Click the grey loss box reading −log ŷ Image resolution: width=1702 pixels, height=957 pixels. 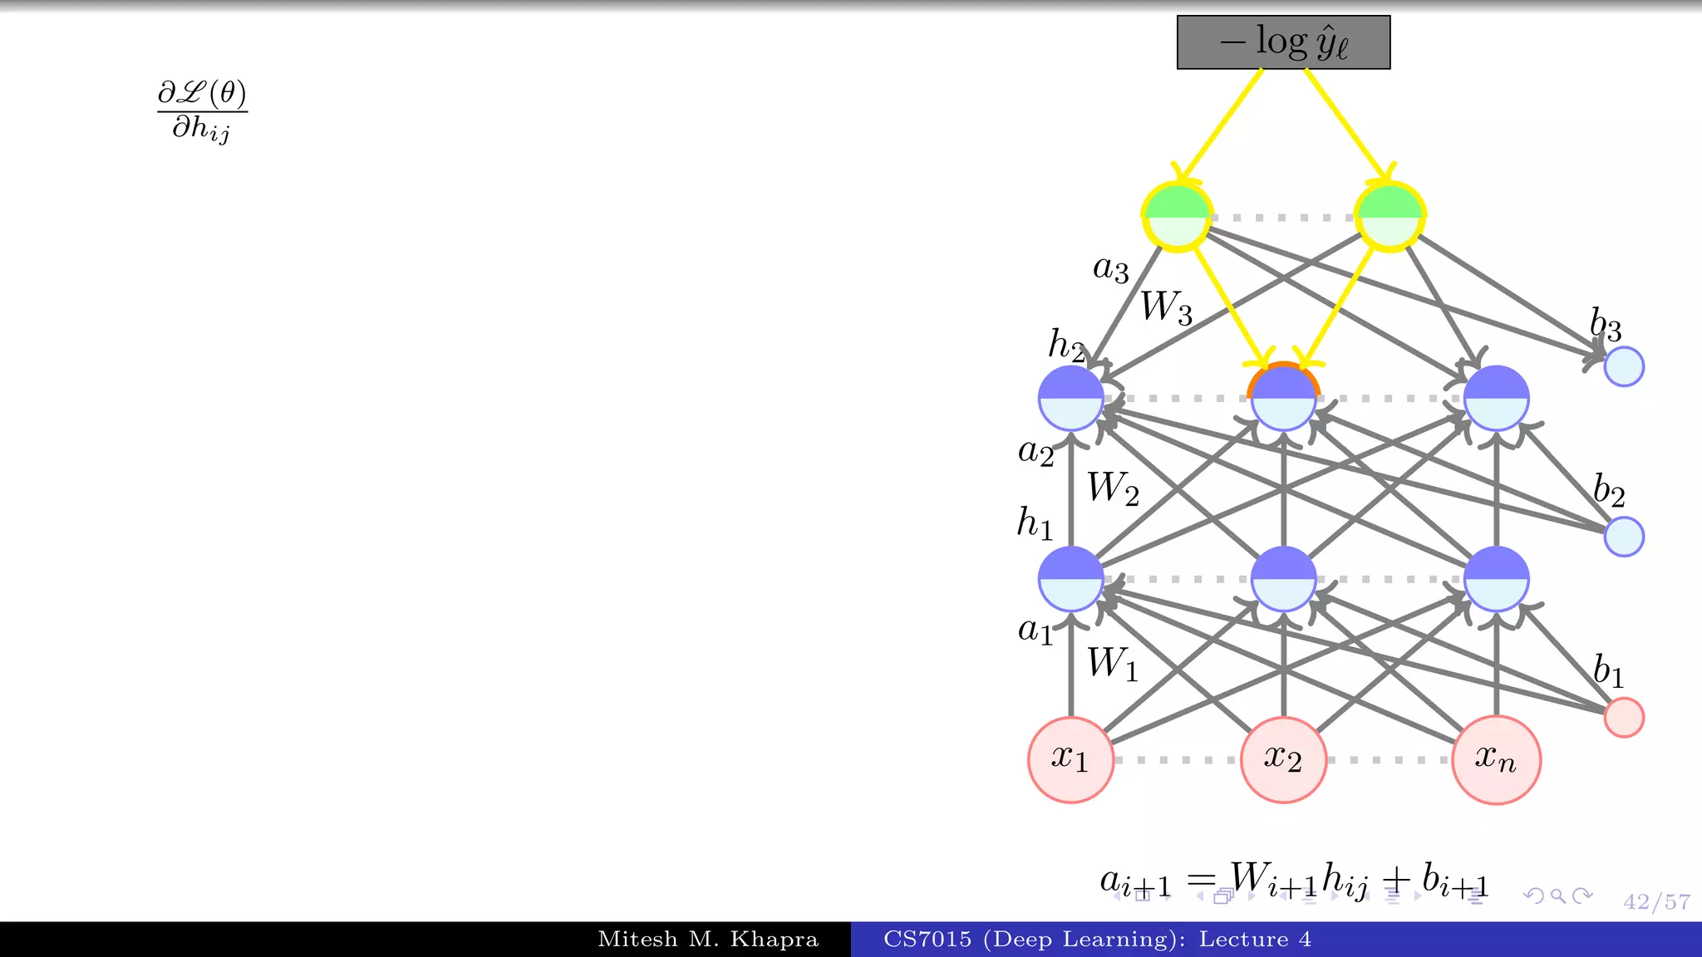coord(1283,42)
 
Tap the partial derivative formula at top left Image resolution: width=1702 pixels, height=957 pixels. coord(202,111)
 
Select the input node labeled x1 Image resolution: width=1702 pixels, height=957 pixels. coord(1070,759)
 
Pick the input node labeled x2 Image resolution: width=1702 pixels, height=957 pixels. coord(1283,759)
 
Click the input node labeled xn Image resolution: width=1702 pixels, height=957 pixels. coord(1496,759)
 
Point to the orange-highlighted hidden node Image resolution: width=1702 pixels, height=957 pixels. coord(1283,397)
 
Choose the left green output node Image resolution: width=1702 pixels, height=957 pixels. coord(1177,217)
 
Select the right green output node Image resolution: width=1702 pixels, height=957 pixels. coord(1390,217)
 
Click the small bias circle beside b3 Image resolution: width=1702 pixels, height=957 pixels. coord(1623,366)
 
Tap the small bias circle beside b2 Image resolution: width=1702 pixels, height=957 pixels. coord(1623,536)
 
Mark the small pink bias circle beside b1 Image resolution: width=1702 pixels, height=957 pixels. coord(1623,717)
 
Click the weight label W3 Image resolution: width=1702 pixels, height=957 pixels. coord(1166,307)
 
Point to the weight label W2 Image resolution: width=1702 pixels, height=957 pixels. coord(1113,488)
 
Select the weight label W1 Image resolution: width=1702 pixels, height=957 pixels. coord(1113,664)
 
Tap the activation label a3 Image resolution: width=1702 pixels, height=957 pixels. coord(1110,268)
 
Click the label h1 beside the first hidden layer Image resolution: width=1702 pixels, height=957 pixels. coord(1035,523)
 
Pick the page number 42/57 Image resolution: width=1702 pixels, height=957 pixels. coord(1656,902)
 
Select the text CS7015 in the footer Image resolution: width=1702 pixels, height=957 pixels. coord(927,940)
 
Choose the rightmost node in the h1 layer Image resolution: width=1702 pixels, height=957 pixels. coord(1496,578)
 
